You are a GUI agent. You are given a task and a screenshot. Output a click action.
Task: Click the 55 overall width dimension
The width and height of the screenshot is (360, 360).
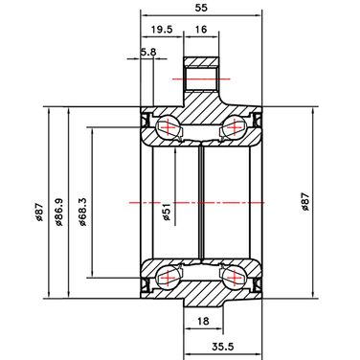[201, 8]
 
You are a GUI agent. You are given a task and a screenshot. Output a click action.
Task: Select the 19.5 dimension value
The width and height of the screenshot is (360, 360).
[162, 30]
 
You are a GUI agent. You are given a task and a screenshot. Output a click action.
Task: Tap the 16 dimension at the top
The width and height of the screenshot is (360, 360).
[201, 30]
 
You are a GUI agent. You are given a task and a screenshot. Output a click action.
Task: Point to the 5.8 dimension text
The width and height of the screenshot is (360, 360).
[148, 52]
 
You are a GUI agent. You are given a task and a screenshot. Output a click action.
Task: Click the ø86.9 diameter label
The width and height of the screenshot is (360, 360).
[59, 213]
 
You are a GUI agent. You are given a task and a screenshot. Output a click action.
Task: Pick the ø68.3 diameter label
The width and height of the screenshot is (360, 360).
[82, 213]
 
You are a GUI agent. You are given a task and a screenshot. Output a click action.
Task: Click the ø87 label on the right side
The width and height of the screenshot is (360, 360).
[305, 202]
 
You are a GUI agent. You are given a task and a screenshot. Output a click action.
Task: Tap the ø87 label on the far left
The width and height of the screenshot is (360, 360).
[39, 213]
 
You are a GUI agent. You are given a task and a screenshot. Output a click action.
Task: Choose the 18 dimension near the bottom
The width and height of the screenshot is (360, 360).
[203, 321]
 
